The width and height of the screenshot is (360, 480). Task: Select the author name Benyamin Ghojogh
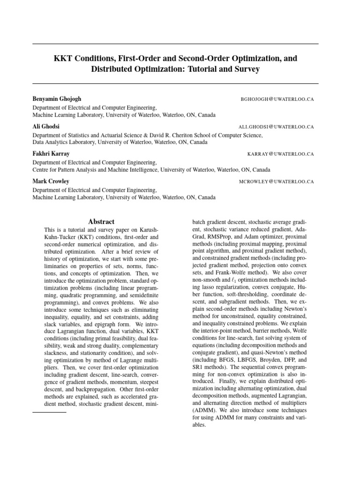[57, 99]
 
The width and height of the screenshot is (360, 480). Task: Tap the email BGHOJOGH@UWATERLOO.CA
[277, 99]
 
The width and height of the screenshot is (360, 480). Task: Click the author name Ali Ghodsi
[46, 127]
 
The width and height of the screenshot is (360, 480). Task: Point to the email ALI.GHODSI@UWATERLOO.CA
[276, 127]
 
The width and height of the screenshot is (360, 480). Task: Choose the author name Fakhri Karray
[51, 154]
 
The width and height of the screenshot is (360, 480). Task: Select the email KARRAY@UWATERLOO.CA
[280, 154]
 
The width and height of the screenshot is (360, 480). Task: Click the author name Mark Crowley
[51, 181]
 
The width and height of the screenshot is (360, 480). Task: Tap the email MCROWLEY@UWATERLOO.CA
[277, 181]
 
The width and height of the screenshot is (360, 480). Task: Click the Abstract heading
[101, 221]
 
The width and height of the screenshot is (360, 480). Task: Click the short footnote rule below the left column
[49, 412]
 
